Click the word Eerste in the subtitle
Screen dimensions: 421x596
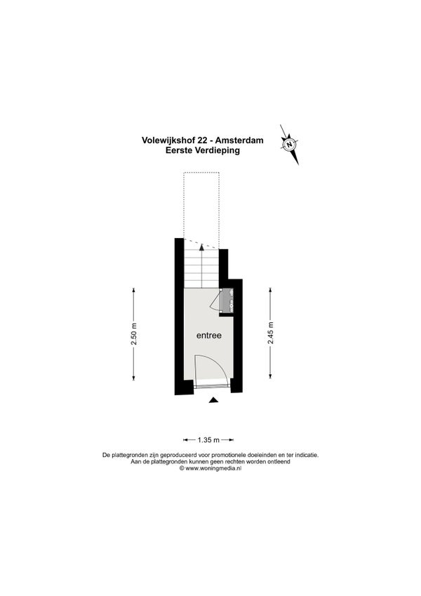(x=179, y=150)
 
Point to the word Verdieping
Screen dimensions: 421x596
(x=217, y=150)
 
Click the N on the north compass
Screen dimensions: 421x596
(x=290, y=145)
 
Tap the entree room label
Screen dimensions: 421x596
(x=208, y=336)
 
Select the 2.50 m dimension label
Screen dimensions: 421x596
(x=134, y=334)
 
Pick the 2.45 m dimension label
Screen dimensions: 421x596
(x=270, y=333)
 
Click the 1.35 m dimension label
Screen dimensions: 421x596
(x=208, y=440)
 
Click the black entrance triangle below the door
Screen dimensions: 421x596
(x=214, y=399)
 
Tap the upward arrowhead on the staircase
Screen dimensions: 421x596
(x=202, y=246)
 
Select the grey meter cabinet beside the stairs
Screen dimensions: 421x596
(x=228, y=300)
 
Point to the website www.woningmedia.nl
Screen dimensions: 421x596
(x=213, y=469)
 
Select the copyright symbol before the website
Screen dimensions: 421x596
(x=182, y=469)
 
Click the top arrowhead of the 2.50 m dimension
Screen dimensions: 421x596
(x=134, y=291)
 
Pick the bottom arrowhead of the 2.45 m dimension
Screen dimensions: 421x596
(x=270, y=376)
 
